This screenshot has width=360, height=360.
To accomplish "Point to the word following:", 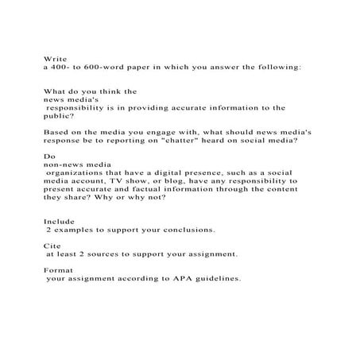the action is pyautogui.click(x=278, y=68).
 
